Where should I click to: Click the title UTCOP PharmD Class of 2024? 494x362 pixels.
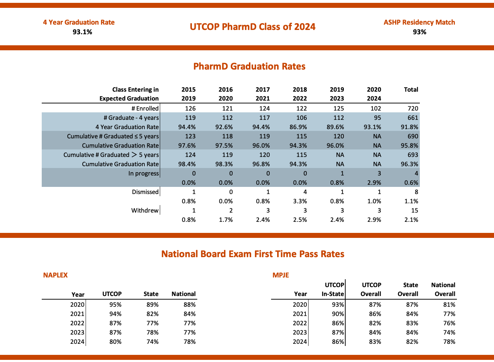[x=253, y=27]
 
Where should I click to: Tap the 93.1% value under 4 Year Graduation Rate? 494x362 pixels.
[x=82, y=32]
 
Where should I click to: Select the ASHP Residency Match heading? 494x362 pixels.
[x=419, y=22]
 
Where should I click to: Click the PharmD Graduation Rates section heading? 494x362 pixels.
[x=249, y=66]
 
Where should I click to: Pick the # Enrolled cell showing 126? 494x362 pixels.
[x=190, y=108]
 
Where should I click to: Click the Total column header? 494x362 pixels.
[x=411, y=90]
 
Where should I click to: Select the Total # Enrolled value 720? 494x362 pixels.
[x=413, y=108]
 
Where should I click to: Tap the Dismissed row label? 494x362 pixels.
[x=145, y=192]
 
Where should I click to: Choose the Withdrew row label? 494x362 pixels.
[x=145, y=210]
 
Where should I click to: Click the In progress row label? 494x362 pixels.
[x=143, y=173]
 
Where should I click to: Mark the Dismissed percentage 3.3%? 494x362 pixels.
[x=300, y=201]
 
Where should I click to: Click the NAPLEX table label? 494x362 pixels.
[x=55, y=275]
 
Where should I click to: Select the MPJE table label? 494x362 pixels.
[x=281, y=275]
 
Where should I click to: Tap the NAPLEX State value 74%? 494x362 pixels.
[x=152, y=342]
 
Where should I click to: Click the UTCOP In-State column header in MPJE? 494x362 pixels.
[x=333, y=289]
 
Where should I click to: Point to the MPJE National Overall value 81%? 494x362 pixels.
[x=449, y=305]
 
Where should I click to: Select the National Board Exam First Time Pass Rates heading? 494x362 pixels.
[x=253, y=254]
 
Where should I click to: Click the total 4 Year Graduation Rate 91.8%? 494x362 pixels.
[x=409, y=127]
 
